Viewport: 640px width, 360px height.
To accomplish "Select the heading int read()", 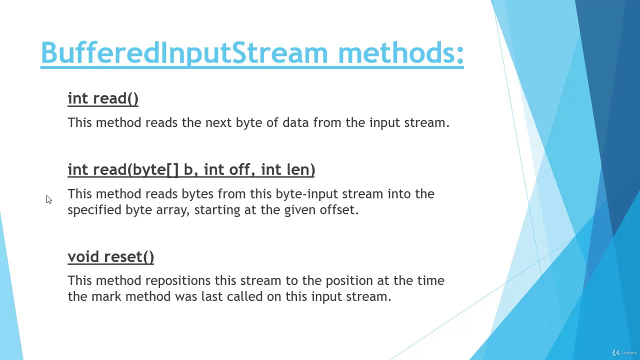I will coord(103,98).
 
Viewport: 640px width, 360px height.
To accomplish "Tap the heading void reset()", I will coord(110,256).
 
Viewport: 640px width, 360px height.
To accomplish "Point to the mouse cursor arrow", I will coord(48,199).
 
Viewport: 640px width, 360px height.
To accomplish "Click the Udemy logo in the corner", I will coord(624,352).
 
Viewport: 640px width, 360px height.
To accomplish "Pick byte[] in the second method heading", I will coord(155,170).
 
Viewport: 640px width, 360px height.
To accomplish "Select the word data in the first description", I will coord(295,123).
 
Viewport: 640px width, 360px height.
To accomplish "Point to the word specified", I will coord(94,210).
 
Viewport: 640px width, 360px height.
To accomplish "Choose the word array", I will coord(172,210).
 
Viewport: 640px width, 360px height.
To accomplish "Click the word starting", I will coord(217,210).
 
